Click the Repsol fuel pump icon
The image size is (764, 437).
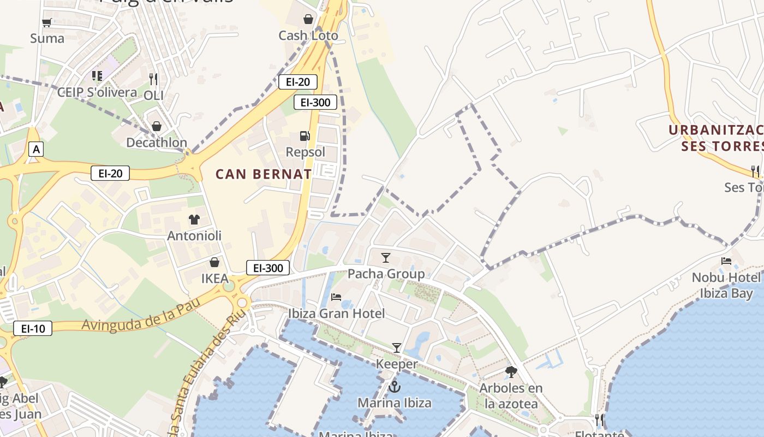click(x=305, y=136)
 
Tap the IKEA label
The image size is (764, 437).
click(x=215, y=279)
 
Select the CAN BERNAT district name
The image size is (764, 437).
click(x=264, y=174)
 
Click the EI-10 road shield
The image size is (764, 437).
click(x=33, y=328)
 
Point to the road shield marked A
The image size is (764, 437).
click(x=36, y=149)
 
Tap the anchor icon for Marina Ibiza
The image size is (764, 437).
click(x=394, y=387)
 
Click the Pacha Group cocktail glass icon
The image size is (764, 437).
click(x=386, y=257)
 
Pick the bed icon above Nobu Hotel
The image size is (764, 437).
click(x=726, y=261)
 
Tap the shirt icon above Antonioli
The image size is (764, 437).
click(x=194, y=220)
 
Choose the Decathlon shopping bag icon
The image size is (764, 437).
click(x=157, y=127)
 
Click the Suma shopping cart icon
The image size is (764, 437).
click(x=47, y=23)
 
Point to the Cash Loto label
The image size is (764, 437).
click(x=308, y=36)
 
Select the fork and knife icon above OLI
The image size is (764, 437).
click(x=153, y=79)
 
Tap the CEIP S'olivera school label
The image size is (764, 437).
click(x=97, y=92)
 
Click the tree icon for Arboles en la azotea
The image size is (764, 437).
click(x=511, y=372)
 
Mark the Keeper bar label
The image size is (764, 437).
click(x=397, y=364)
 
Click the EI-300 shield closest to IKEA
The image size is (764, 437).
click(x=267, y=268)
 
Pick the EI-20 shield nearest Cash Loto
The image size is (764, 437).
click(x=297, y=82)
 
